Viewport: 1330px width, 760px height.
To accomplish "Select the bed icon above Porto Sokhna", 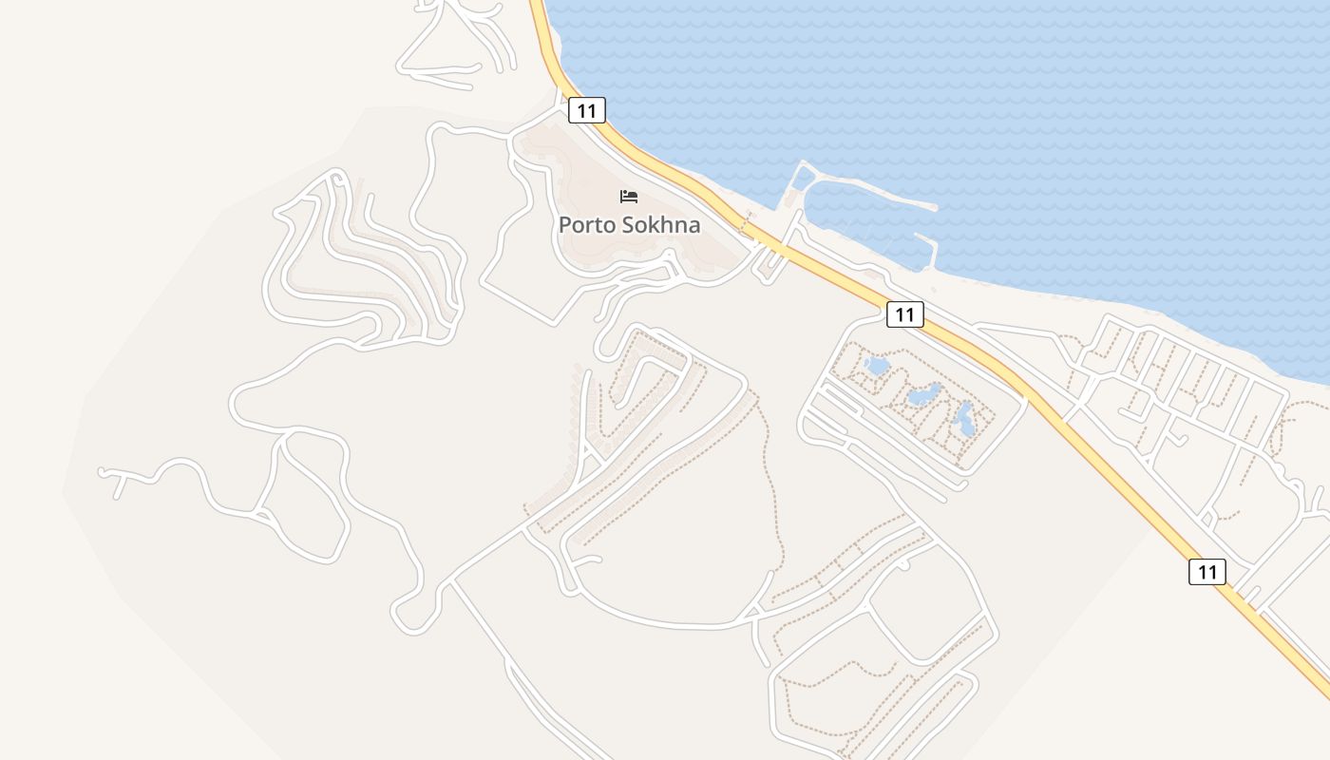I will [629, 197].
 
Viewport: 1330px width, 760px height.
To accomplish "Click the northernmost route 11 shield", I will [587, 110].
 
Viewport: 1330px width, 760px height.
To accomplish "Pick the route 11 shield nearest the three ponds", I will [904, 314].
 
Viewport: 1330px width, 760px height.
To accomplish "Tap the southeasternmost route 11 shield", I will [1206, 572].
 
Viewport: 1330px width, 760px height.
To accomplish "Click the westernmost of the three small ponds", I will [877, 366].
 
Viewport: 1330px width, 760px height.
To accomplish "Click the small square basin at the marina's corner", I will [803, 178].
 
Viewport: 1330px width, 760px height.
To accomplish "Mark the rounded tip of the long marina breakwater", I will [934, 206].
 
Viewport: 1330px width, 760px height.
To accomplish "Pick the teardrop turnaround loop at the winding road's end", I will [408, 615].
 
